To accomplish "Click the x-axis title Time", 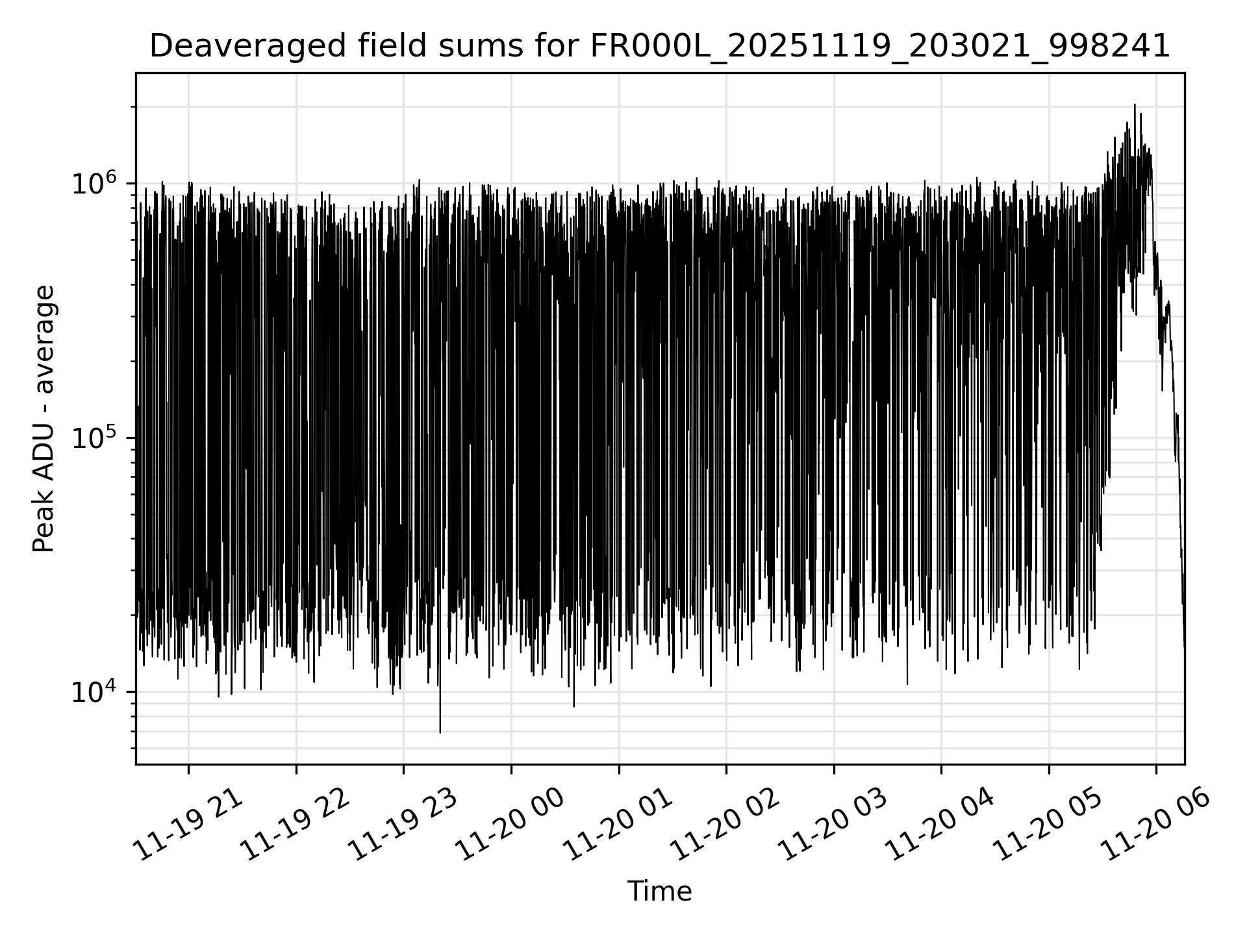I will pos(659,891).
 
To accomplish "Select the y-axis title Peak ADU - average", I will pos(44,419).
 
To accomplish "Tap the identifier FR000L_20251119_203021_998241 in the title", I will pos(880,46).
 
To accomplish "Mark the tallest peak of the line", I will pos(1135,105).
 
